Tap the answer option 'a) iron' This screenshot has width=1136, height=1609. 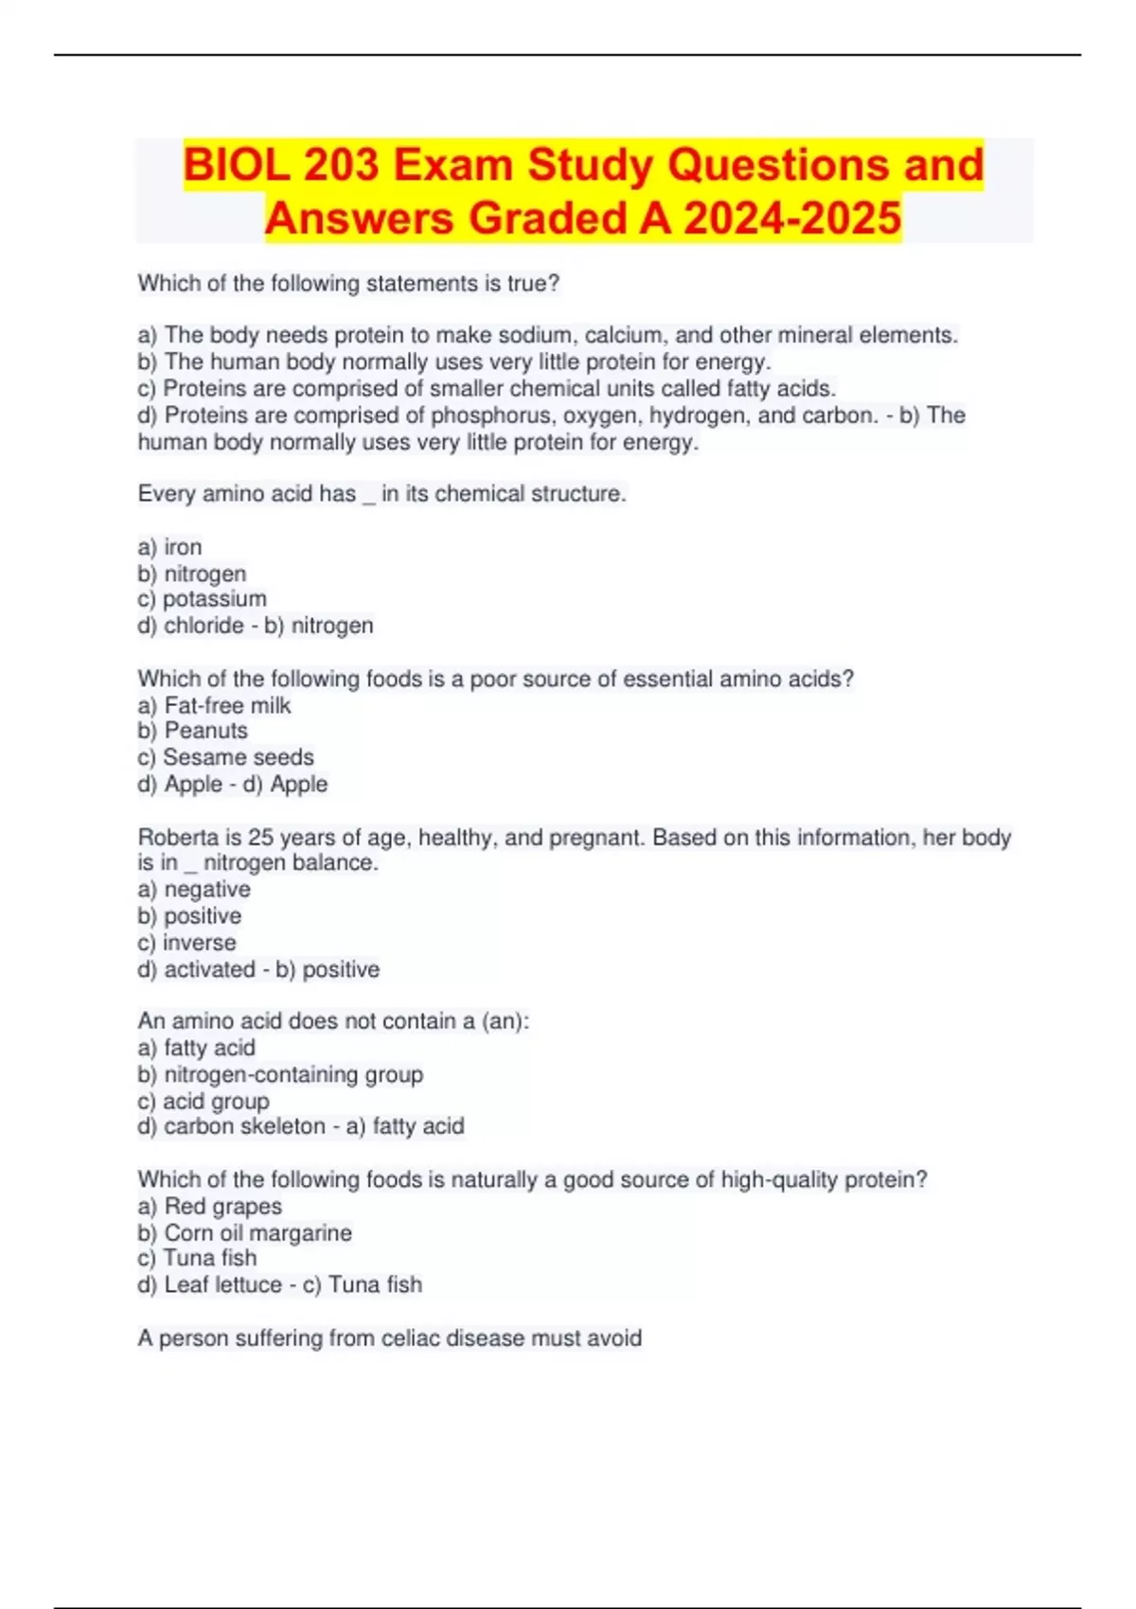(x=169, y=547)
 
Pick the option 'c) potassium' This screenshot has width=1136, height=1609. (x=202, y=599)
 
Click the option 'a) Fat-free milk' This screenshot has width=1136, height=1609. (x=214, y=705)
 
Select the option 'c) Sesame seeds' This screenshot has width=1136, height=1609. (x=225, y=757)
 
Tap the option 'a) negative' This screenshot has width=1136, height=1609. (x=194, y=890)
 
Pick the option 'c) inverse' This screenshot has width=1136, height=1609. (x=186, y=943)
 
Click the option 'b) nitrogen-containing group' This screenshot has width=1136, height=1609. (x=280, y=1074)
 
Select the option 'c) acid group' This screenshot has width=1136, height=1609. (x=204, y=1102)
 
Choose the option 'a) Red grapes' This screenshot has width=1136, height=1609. (x=209, y=1207)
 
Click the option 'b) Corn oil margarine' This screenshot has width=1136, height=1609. (x=244, y=1233)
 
